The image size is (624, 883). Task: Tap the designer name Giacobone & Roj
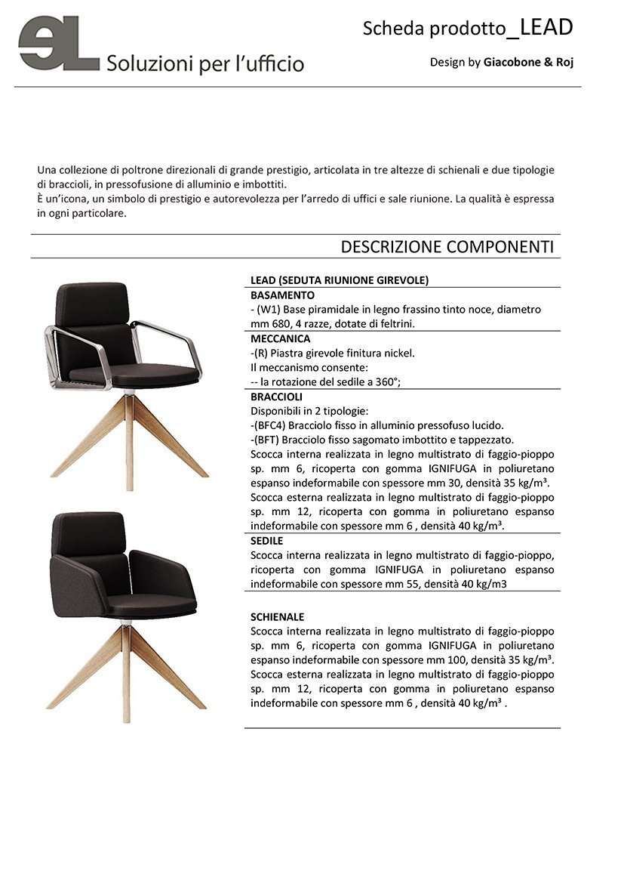pos(528,62)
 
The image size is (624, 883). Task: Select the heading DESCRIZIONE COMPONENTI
pos(447,247)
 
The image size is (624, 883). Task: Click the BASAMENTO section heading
pos(282,295)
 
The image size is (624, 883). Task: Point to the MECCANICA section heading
pos(281,338)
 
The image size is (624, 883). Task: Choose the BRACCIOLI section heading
pos(276,397)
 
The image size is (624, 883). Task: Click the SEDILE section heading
pos(267,541)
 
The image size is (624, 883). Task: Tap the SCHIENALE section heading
pos(278,616)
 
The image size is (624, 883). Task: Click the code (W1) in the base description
pos(269,310)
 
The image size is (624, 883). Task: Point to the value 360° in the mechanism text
pos(383,382)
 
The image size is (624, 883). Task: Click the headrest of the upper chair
pos(91,304)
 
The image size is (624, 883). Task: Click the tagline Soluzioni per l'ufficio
pos(205,63)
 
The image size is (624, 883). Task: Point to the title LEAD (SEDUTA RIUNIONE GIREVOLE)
pos(340,280)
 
